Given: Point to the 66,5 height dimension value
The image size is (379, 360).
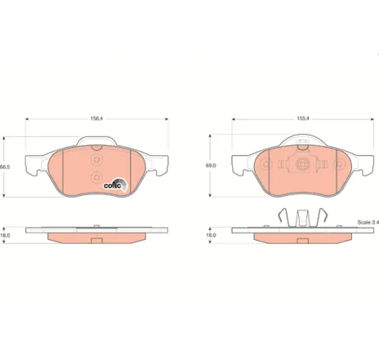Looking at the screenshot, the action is coord(5,167).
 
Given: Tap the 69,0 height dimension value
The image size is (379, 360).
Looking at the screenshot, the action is coord(211,166).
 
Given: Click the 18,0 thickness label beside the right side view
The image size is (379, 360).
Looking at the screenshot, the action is coord(211,235).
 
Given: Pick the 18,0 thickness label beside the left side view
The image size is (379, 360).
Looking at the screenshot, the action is coord(5,235).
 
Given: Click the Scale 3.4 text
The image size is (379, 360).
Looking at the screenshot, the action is coord(368,222).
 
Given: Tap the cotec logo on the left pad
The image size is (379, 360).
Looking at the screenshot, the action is coord(115,185).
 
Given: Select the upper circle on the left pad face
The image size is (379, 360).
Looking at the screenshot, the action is coord(96,160).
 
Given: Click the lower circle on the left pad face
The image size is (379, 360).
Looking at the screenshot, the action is coord(96,177).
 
